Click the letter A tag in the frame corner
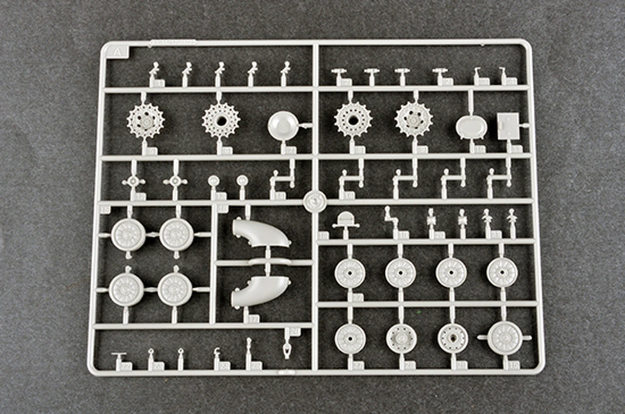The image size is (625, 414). [x=117, y=51]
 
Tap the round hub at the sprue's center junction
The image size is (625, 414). [x=315, y=200]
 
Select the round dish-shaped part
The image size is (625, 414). [x=283, y=125]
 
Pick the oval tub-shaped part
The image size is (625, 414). [x=471, y=127]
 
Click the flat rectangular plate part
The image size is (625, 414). [x=508, y=125]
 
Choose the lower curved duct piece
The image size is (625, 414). [x=259, y=291]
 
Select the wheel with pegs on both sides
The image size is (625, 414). [x=504, y=337]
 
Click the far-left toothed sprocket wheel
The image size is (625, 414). [x=146, y=120]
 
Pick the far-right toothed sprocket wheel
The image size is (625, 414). [x=414, y=119]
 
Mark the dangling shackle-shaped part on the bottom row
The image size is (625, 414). [x=287, y=350]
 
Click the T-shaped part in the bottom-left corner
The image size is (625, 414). [x=119, y=360]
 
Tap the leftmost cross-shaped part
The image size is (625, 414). [x=133, y=182]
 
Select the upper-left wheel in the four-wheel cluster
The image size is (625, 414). [x=128, y=235]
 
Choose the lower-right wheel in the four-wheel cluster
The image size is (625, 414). [x=175, y=289]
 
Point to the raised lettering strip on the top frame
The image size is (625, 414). [x=173, y=42]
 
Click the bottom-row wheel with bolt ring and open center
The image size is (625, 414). [x=453, y=338]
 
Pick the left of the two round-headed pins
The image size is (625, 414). [x=213, y=181]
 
